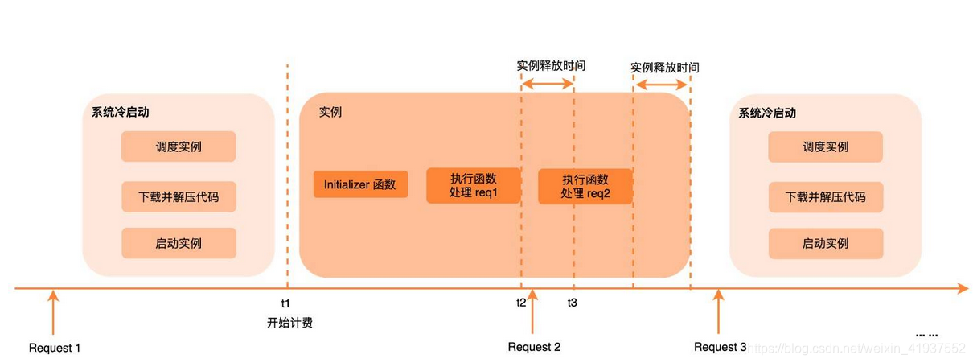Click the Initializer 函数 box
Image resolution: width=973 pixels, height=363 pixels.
[x=360, y=184]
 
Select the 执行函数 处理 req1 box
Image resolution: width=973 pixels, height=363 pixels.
[x=473, y=185]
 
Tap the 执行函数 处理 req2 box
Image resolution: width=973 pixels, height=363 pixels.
[x=585, y=186]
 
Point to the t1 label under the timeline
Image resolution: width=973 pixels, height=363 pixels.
[x=285, y=303]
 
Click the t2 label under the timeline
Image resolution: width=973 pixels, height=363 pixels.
[x=521, y=303]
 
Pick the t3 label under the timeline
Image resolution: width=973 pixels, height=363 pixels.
[x=572, y=303]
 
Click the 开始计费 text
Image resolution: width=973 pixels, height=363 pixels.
[x=289, y=324]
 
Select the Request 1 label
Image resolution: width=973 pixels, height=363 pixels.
[x=55, y=348]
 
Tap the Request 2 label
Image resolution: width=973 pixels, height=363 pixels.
[x=534, y=347]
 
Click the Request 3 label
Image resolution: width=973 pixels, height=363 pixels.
[x=721, y=347]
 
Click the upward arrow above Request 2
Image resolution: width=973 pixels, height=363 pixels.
[x=532, y=312]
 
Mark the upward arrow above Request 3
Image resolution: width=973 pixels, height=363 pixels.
[x=719, y=312]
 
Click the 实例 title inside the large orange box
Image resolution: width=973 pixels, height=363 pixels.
[x=330, y=112]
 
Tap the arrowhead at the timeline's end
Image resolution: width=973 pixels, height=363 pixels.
[x=962, y=287]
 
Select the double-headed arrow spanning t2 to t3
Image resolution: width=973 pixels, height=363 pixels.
[x=548, y=83]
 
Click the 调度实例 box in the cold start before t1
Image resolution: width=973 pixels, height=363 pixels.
[x=179, y=146]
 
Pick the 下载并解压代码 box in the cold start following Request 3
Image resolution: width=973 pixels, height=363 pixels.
[x=825, y=196]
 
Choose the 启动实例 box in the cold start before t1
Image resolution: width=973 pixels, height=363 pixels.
[x=179, y=243]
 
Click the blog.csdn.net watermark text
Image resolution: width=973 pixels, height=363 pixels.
[x=856, y=348]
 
